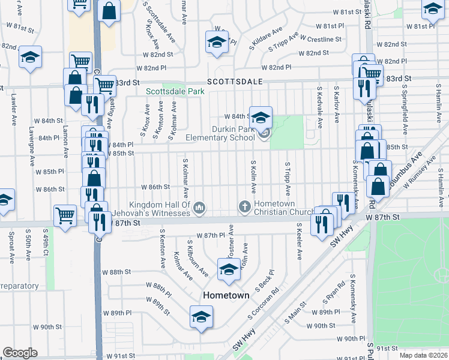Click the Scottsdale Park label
[175, 92]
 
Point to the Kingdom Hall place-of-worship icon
[200, 208]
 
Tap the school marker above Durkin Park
[261, 117]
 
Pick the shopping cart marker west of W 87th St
[65, 215]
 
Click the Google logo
[20, 352]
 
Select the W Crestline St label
[321, 38]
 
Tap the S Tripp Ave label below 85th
[288, 178]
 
